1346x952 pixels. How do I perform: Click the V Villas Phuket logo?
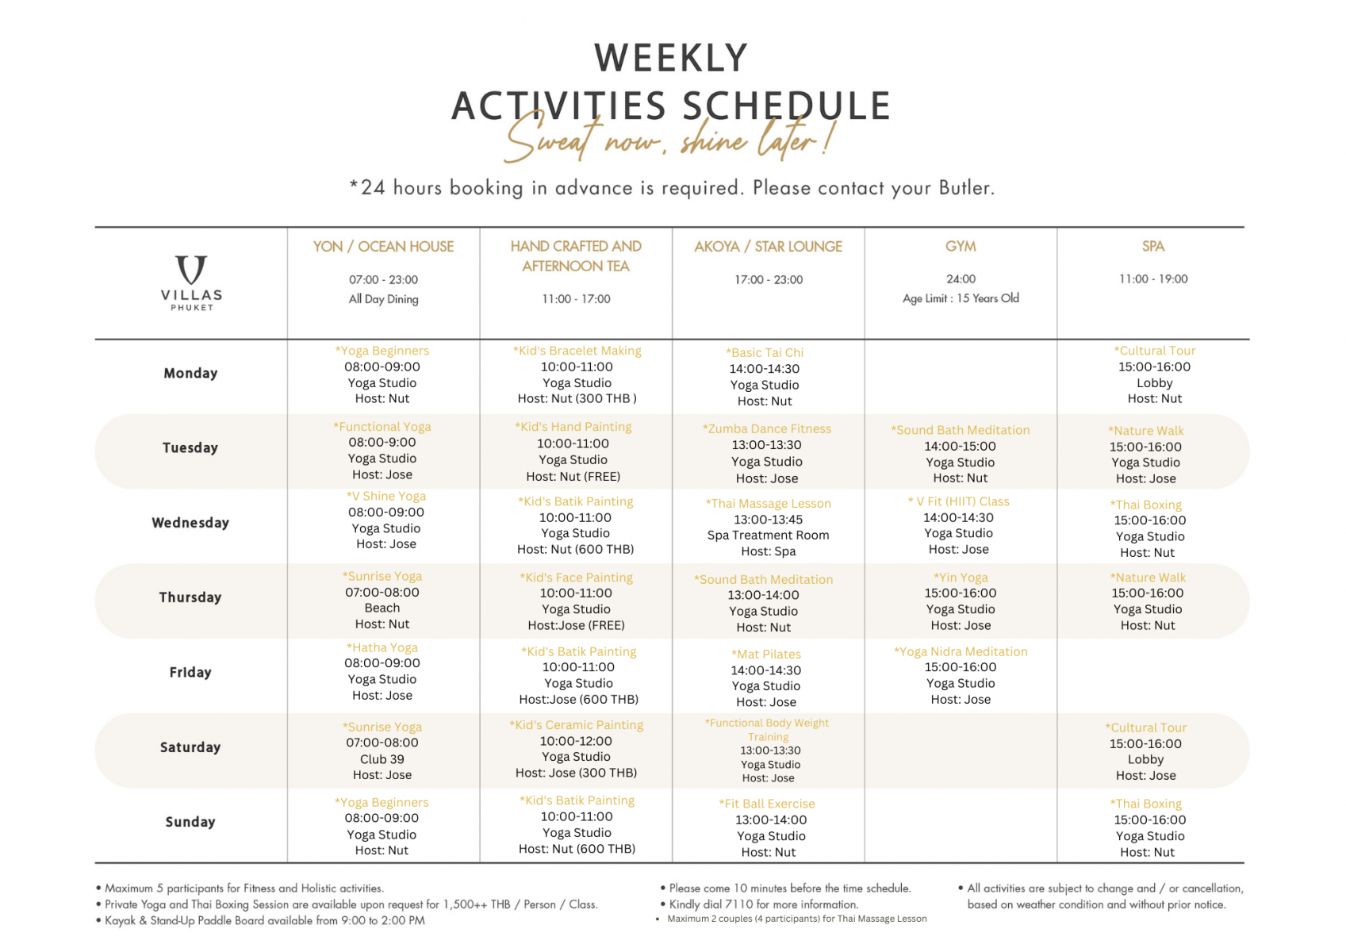(x=191, y=282)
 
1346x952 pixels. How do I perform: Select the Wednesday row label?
(x=190, y=523)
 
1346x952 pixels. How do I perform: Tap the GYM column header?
(x=961, y=247)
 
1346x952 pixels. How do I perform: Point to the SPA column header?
(x=1153, y=247)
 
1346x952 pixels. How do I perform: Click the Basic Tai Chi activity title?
(x=765, y=353)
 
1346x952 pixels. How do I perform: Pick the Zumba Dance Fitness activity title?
(x=767, y=429)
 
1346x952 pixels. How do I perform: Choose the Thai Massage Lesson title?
(x=768, y=504)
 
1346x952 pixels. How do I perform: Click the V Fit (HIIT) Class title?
(x=958, y=502)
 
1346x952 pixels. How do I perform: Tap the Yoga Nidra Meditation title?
(x=961, y=651)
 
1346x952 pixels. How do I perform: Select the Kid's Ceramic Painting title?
(x=577, y=725)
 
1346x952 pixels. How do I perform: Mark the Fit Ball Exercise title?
(x=767, y=804)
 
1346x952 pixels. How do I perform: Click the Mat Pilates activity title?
(x=765, y=654)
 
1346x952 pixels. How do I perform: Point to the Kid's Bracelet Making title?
(x=577, y=351)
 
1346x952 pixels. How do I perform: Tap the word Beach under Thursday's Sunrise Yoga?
(x=382, y=608)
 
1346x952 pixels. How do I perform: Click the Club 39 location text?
(x=382, y=760)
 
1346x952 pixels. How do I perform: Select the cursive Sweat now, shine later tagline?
(x=668, y=138)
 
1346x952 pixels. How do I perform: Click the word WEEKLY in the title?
(x=671, y=58)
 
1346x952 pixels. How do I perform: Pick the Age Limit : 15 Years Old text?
(x=961, y=299)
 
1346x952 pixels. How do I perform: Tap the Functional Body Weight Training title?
(x=767, y=730)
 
